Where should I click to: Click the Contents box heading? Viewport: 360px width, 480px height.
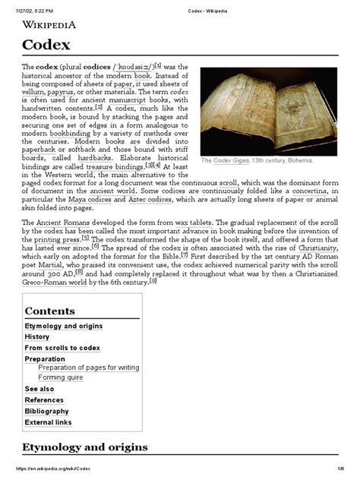point(49,311)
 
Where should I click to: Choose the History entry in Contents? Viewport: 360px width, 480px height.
point(37,336)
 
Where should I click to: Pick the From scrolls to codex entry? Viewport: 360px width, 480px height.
point(62,348)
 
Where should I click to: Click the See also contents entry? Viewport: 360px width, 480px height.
point(39,389)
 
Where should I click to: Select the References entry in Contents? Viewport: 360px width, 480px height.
point(44,400)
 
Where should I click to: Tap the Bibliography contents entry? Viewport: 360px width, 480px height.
point(47,411)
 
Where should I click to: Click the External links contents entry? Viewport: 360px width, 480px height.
point(49,422)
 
